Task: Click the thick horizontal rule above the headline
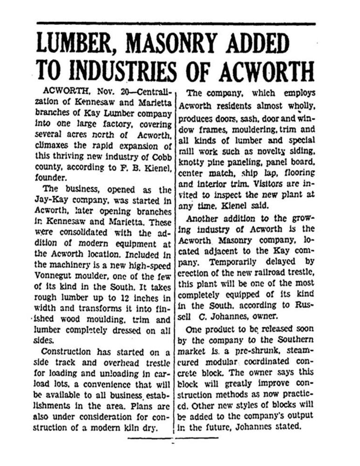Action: tap(176, 23)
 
